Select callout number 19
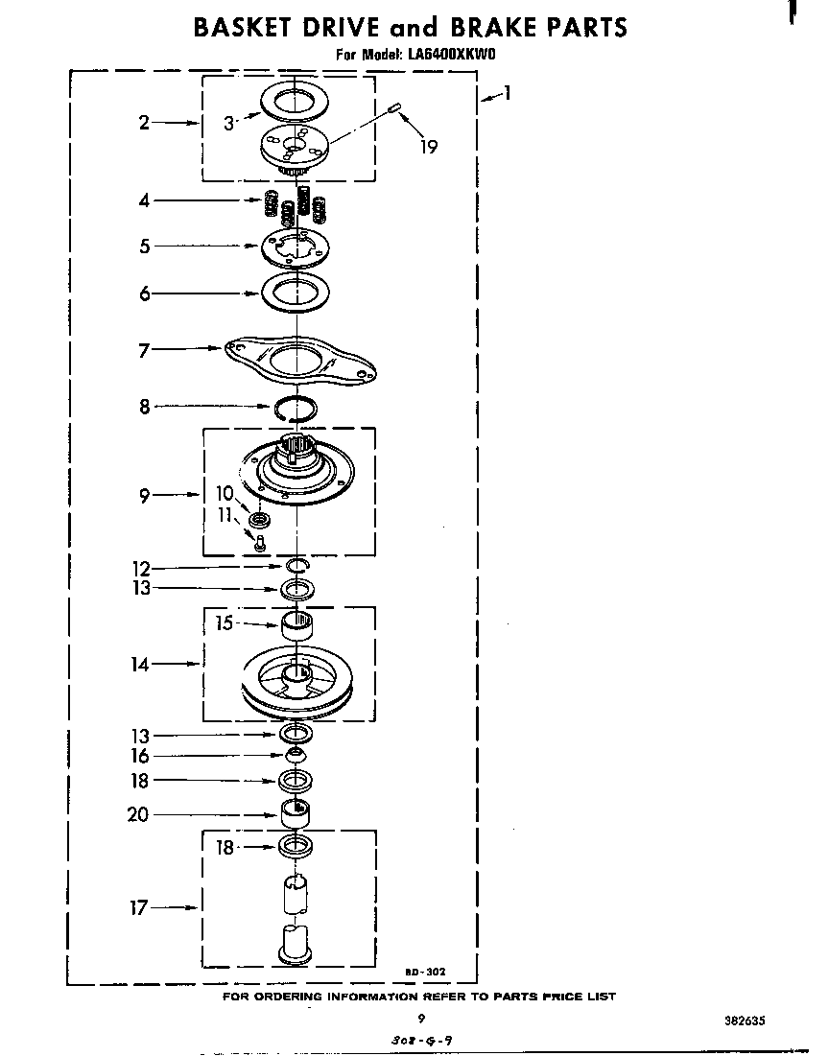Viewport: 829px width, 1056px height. tap(429, 146)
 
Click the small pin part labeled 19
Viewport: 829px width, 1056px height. tap(395, 107)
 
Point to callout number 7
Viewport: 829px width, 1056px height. tap(144, 350)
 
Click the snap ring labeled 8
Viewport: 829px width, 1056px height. tap(296, 409)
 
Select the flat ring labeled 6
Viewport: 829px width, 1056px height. tap(296, 293)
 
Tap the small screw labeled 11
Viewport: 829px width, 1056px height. tap(258, 542)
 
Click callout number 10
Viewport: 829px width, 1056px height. tap(225, 493)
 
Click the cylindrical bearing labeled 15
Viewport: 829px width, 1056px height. tap(296, 626)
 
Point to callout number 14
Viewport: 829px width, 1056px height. tap(139, 664)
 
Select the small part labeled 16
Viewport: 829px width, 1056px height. tap(296, 752)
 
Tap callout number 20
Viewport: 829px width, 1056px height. tap(138, 815)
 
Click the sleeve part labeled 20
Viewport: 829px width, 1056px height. tap(296, 813)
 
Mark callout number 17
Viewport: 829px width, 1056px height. tap(138, 908)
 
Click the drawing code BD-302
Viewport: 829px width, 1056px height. tap(425, 972)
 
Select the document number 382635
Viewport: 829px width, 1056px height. tap(745, 1021)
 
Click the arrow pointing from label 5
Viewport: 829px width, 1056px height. tap(210, 246)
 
